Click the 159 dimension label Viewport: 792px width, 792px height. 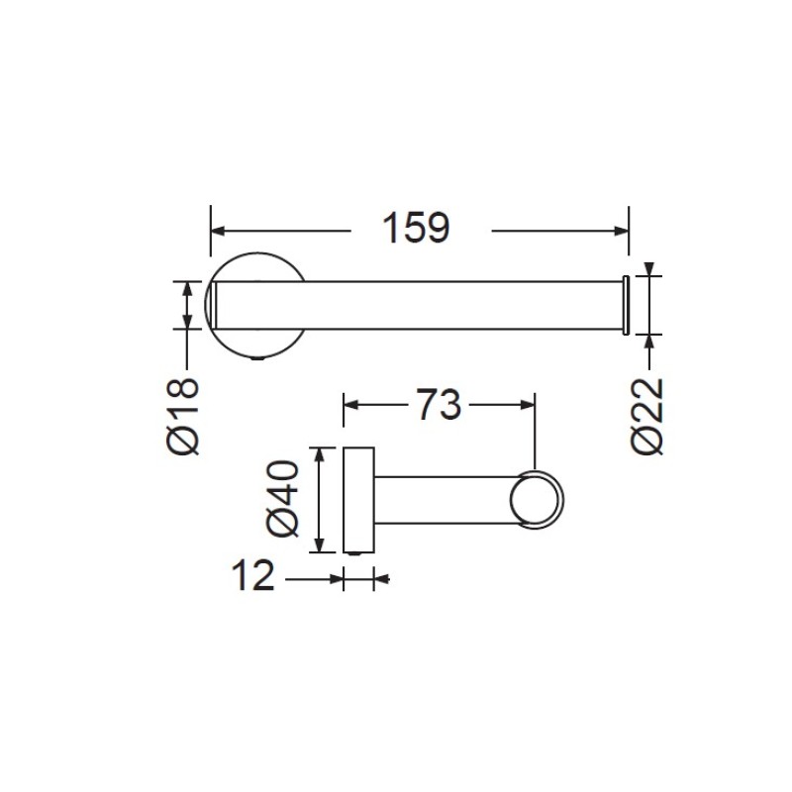pyautogui.click(x=416, y=228)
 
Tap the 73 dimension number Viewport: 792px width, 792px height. pyautogui.click(x=439, y=405)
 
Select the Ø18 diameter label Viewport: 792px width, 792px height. pyautogui.click(x=182, y=416)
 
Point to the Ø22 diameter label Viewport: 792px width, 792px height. pyautogui.click(x=646, y=416)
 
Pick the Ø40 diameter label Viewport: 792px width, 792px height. pyautogui.click(x=282, y=498)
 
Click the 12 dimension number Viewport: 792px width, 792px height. pyautogui.click(x=252, y=575)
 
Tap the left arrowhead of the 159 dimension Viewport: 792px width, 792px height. pyautogui.click(x=218, y=232)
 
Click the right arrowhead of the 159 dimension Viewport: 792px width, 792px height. pyautogui.click(x=622, y=232)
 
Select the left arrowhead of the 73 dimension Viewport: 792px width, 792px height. pyautogui.click(x=351, y=405)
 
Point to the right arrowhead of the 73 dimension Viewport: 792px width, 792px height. pyautogui.click(x=528, y=405)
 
